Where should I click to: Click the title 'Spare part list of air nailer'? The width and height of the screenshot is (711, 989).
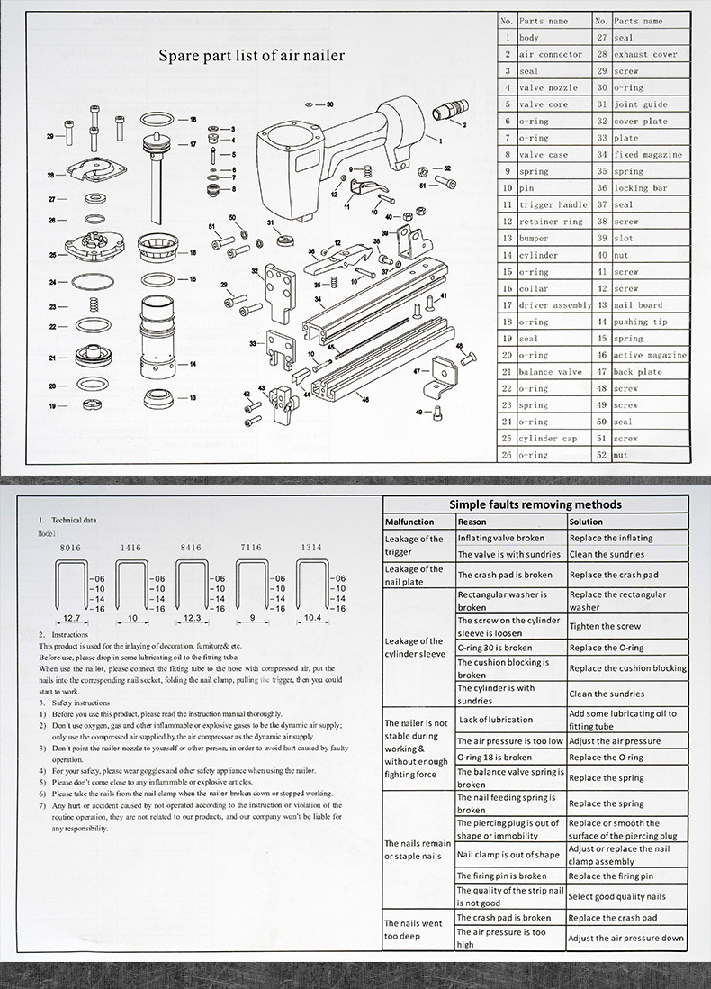click(x=251, y=56)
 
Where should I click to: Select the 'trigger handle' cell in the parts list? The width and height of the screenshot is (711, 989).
click(x=553, y=204)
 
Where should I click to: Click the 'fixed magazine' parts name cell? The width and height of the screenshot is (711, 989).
click(x=648, y=154)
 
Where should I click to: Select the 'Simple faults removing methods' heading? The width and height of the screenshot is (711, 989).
click(x=536, y=504)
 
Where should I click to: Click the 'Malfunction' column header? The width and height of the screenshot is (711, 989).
click(x=409, y=522)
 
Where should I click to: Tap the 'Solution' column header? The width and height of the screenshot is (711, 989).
click(x=586, y=522)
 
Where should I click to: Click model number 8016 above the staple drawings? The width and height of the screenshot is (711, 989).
click(x=68, y=547)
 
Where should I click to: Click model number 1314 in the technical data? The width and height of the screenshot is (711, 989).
click(x=310, y=547)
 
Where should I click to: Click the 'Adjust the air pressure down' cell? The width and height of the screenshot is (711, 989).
click(x=626, y=938)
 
